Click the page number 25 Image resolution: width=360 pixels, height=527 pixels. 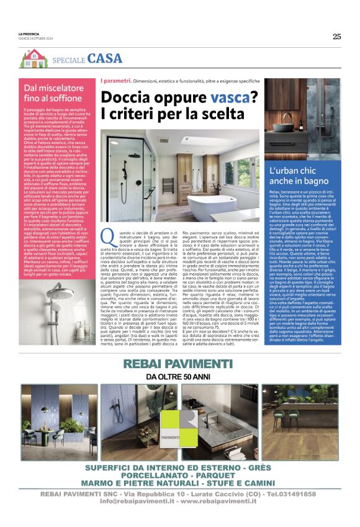pyautogui.click(x=336, y=36)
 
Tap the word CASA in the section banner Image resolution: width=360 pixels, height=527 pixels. pyautogui.click(x=105, y=58)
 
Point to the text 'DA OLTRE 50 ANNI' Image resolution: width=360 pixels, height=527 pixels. pyautogui.click(x=180, y=376)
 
